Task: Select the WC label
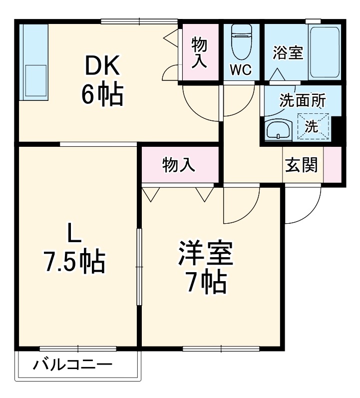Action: pos(240,69)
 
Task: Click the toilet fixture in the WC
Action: pos(241,40)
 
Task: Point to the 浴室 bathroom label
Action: pos(288,52)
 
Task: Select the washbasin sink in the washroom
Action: pos(279,131)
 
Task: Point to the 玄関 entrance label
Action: pos(302,165)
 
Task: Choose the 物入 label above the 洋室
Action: pos(179,164)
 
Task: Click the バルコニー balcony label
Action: pos(72,365)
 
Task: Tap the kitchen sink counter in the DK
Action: pos(33,62)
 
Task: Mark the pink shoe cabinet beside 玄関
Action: pos(333,165)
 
